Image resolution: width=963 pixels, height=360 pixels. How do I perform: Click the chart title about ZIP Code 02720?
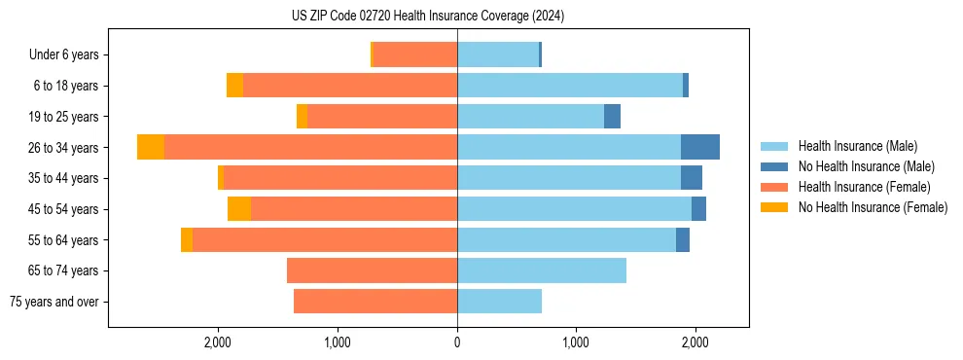(428, 17)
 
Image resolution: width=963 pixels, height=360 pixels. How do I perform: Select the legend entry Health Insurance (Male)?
(857, 146)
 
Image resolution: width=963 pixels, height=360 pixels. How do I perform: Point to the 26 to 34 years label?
(65, 148)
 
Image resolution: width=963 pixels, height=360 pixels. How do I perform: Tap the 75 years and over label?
(53, 302)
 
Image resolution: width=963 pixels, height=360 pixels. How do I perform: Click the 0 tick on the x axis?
(457, 343)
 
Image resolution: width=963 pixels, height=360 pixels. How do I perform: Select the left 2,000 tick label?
(217, 343)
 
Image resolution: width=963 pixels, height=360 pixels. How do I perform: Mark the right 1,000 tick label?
(576, 343)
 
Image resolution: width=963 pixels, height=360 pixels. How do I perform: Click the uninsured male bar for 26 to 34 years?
(700, 147)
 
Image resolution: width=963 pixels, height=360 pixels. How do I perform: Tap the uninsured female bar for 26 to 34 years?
(151, 147)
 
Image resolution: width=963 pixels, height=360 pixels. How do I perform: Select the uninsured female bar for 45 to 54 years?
(239, 209)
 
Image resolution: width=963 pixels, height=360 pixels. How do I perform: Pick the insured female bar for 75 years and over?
(375, 302)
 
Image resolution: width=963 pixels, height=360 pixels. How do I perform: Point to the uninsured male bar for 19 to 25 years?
(612, 117)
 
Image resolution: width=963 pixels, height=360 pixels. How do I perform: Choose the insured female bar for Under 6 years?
(414, 55)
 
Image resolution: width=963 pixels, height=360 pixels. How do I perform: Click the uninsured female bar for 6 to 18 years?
(234, 86)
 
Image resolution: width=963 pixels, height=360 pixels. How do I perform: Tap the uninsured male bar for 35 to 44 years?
(692, 178)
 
